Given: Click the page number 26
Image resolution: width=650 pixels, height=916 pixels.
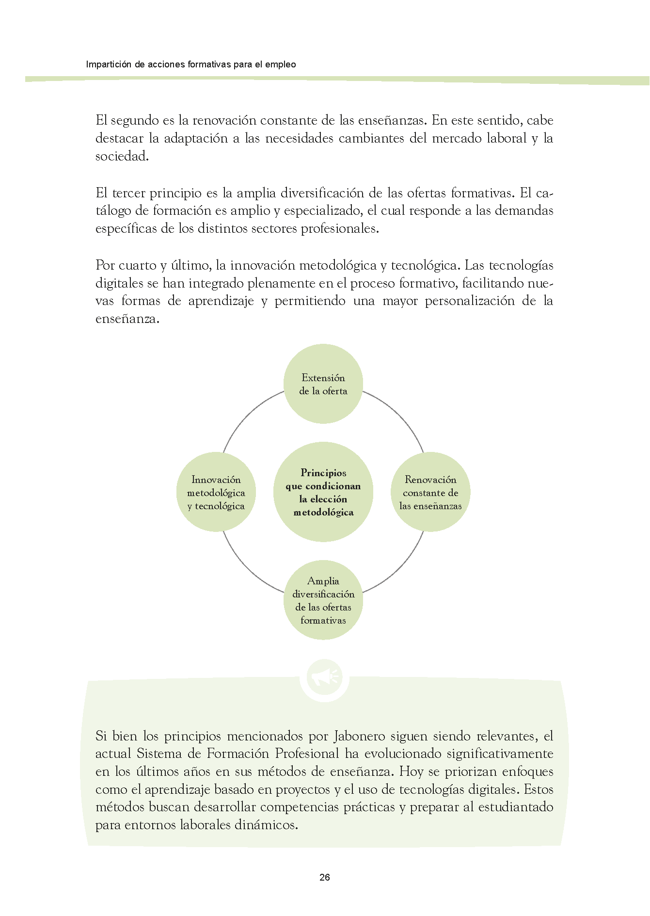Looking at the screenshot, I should click(x=325, y=877).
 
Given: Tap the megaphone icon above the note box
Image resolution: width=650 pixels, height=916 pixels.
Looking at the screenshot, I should click(x=324, y=678).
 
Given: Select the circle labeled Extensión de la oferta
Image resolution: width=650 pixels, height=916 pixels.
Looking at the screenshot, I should click(x=323, y=384).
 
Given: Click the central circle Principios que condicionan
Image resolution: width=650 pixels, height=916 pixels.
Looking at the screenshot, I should click(x=323, y=492).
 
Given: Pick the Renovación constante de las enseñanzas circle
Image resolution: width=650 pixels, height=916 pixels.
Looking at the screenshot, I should click(x=430, y=492).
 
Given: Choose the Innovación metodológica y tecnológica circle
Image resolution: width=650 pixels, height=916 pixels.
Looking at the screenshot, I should click(x=216, y=492).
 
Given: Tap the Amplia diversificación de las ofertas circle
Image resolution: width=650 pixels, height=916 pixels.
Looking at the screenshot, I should click(x=323, y=600).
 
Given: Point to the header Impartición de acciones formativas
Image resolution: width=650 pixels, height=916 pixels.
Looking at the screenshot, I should click(x=191, y=64).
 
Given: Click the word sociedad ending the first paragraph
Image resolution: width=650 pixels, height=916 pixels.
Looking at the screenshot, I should click(x=121, y=156).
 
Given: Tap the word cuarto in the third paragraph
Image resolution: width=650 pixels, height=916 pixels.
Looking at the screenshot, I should click(x=138, y=265).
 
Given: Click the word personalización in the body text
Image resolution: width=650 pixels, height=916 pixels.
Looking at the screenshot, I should click(x=469, y=301).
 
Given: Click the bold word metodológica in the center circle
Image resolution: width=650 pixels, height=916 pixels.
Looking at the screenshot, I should click(x=323, y=512).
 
